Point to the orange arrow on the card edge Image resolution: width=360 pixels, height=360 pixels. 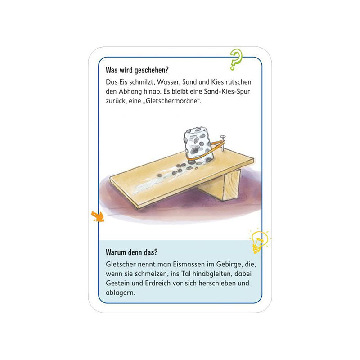pyautogui.click(x=98, y=216)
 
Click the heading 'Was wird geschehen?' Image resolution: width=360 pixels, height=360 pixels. pyautogui.click(x=137, y=70)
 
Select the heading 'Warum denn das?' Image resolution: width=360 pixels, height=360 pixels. pyautogui.click(x=131, y=252)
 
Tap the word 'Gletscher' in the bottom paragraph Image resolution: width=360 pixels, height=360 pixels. pyautogui.click(x=121, y=264)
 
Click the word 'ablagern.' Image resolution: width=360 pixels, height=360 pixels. pyautogui.click(x=121, y=293)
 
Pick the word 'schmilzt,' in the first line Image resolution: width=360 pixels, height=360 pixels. pyautogui.click(x=142, y=82)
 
